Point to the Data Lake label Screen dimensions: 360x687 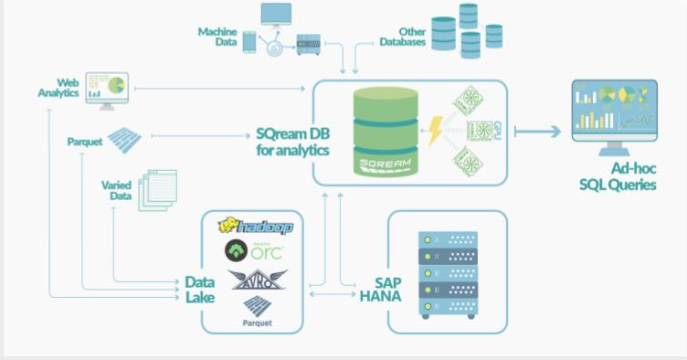[200, 291]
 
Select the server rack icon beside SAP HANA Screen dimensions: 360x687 [447, 273]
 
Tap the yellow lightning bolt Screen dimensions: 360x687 [436, 132]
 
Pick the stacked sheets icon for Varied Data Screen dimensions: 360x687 [155, 190]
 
